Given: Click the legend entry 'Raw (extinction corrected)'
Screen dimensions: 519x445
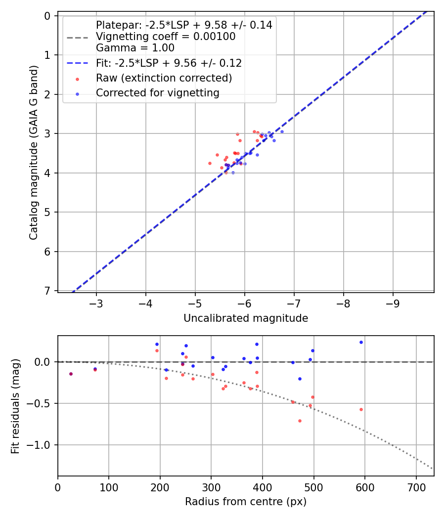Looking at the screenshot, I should pos(164,78).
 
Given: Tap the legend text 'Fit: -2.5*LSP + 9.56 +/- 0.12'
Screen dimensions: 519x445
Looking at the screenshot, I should pos(169,63).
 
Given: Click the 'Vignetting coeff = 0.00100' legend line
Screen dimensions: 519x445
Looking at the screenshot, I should pos(166,37).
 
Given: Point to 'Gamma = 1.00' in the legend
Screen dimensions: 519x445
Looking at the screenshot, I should pos(135,48).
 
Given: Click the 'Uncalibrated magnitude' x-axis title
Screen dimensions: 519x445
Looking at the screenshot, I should pos(246,319).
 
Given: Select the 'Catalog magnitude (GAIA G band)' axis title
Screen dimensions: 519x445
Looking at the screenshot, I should pos(34,155).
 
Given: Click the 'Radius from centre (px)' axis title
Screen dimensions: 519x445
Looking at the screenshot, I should pos(246,502).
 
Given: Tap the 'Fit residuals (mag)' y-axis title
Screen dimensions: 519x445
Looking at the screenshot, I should pos(16,406).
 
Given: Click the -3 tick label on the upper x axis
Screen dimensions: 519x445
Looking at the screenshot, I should pos(96,302).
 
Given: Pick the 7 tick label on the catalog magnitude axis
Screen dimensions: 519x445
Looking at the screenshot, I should pos(47,291).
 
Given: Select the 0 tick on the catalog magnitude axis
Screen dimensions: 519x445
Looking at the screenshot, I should pos(47,16).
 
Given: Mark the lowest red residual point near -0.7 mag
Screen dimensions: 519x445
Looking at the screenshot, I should pos(300,421).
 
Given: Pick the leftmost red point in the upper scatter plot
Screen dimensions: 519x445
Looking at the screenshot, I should pos(210,163).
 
